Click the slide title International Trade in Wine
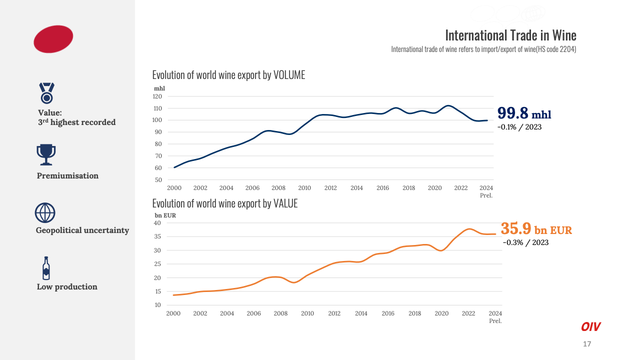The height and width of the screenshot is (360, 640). [510, 35]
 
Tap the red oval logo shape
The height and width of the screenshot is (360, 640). [53, 39]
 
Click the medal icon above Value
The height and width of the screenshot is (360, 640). [46, 93]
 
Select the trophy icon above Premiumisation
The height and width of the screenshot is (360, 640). [46, 154]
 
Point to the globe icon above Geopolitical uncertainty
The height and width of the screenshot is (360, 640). [45, 212]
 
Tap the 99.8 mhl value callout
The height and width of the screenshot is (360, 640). [524, 113]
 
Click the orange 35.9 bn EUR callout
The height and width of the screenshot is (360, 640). [536, 229]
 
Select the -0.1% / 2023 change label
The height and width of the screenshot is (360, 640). [519, 127]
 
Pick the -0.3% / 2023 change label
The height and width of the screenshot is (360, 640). [525, 242]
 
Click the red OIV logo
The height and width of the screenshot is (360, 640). [590, 327]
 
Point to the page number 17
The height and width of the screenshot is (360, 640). [587, 344]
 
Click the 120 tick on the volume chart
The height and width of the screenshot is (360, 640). [158, 96]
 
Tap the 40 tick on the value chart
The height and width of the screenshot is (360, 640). [157, 223]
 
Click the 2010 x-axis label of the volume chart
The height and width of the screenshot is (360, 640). [304, 188]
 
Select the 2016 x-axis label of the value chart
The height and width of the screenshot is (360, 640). [388, 313]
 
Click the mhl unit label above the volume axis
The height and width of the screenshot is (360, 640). [158, 88]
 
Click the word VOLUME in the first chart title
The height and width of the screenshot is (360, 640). [289, 75]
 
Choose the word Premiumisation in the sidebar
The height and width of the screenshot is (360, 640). [67, 176]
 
